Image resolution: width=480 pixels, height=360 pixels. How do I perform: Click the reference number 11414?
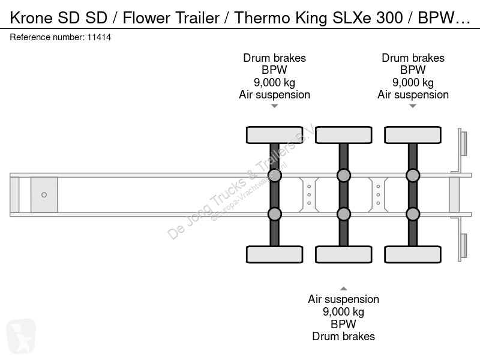tap(99, 37)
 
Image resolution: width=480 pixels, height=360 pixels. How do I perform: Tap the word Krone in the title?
tap(31, 18)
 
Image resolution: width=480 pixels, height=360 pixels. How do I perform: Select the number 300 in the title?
tap(389, 18)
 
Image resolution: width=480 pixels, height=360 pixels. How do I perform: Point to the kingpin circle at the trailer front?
tap(44, 194)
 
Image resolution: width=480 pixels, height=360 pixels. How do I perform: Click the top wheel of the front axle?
tap(275, 134)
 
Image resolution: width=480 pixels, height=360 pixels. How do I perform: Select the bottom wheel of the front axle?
tap(275, 254)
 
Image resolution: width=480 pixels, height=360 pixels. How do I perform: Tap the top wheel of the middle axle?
tap(344, 134)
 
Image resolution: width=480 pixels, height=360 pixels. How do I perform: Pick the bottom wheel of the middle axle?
tap(344, 254)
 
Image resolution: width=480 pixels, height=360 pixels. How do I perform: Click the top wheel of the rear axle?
tap(413, 134)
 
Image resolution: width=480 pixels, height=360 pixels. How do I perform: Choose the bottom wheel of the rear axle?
tap(413, 254)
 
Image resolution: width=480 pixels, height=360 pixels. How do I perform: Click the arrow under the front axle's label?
tap(275, 106)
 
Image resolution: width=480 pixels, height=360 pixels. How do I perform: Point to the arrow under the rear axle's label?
tap(413, 106)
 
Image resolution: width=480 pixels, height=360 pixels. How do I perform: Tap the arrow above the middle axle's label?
tap(344, 289)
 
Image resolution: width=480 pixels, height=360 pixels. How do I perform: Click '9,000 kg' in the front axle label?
tap(275, 83)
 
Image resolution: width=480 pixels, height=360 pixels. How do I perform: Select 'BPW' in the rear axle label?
tap(413, 70)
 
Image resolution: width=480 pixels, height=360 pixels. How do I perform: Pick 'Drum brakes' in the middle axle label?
tap(344, 337)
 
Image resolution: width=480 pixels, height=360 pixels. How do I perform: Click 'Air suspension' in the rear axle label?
tap(413, 95)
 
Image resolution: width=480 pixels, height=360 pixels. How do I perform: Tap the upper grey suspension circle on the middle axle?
tap(344, 175)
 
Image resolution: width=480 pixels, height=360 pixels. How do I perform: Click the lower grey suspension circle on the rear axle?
tap(413, 214)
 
